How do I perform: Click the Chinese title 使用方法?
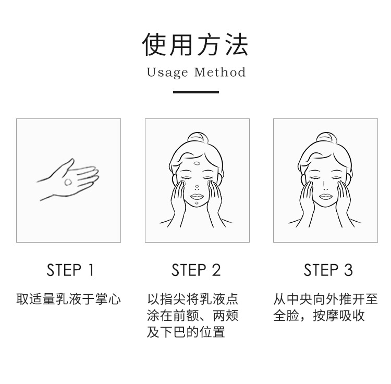pyautogui.click(x=195, y=45)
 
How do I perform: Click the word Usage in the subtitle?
pyautogui.click(x=167, y=73)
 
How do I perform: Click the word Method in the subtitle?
pyautogui.click(x=220, y=73)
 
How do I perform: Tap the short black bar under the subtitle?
pyautogui.click(x=196, y=92)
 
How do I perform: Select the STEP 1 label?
pyautogui.click(x=70, y=270)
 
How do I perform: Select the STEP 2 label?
pyautogui.click(x=196, y=270)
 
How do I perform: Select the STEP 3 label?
pyautogui.click(x=328, y=270)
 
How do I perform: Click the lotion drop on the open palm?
pyautogui.click(x=68, y=182)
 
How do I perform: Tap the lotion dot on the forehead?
pyautogui.click(x=197, y=164)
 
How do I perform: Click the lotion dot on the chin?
pyautogui.click(x=197, y=202)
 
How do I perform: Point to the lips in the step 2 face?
pyautogui.click(x=197, y=196)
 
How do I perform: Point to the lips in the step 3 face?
pyautogui.click(x=326, y=196)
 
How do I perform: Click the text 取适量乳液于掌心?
pyautogui.click(x=69, y=299)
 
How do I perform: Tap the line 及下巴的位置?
pyautogui.click(x=186, y=332)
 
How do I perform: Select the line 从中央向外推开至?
pyautogui.click(x=325, y=299)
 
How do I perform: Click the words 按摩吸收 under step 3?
pyautogui.click(x=339, y=315)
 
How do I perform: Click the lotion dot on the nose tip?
pyautogui.click(x=197, y=186)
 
